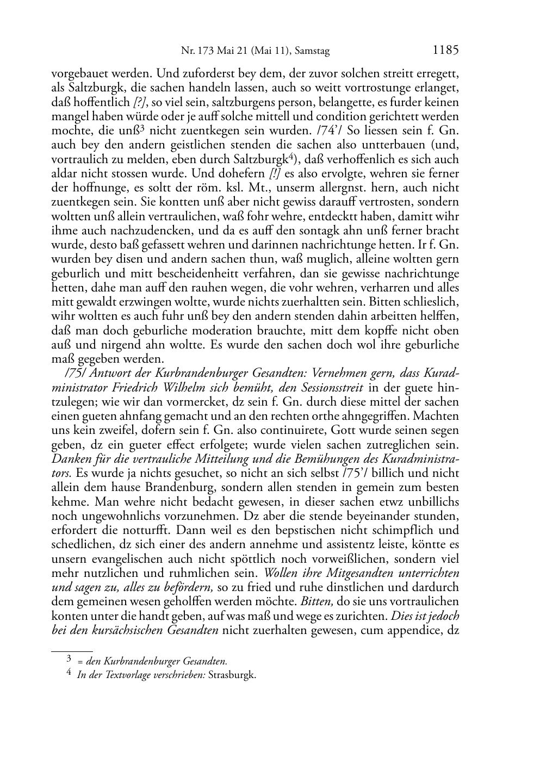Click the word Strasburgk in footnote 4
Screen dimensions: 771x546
tap(235, 675)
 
